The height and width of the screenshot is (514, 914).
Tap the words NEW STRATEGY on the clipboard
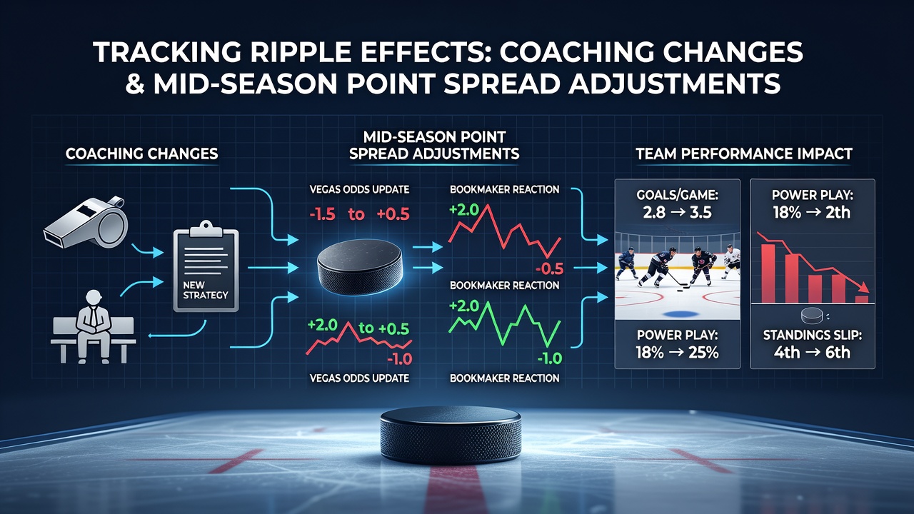(x=205, y=290)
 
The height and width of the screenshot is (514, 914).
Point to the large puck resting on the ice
(x=451, y=435)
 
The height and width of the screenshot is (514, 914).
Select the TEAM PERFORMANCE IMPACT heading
(x=744, y=153)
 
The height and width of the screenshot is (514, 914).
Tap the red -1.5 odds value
(x=322, y=214)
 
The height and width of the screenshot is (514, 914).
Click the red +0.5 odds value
(x=393, y=214)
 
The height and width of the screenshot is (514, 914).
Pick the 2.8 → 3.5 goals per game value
(x=677, y=212)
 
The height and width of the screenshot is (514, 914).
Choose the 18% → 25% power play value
(x=677, y=352)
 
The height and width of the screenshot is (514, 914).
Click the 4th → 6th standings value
(x=813, y=352)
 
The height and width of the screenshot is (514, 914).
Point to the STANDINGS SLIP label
(x=813, y=335)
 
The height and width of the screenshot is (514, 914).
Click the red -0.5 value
(x=549, y=268)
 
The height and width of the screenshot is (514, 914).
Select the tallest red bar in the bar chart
(x=768, y=273)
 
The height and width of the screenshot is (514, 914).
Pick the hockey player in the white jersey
(x=731, y=261)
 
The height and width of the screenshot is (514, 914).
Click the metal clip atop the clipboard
(x=206, y=228)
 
